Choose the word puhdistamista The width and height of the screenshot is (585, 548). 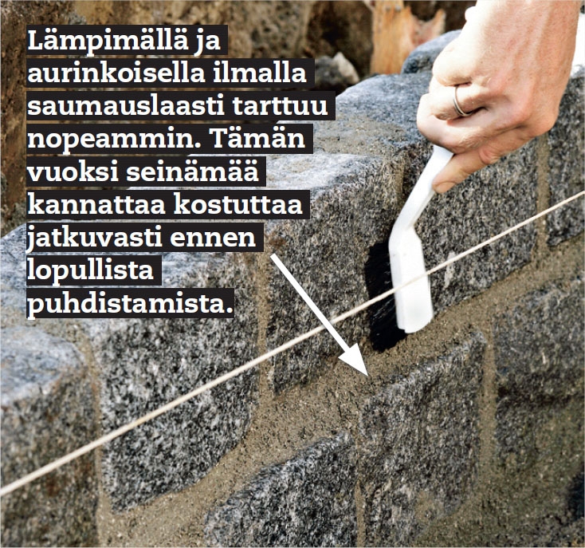128,304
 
